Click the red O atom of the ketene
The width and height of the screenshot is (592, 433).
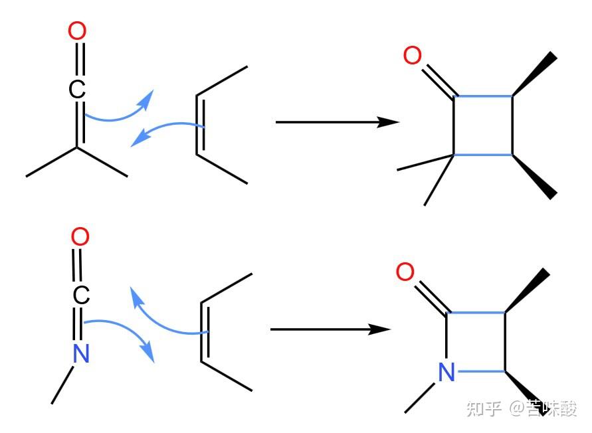click(78, 31)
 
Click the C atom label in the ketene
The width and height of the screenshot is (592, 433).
click(78, 90)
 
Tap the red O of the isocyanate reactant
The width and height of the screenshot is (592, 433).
click(80, 236)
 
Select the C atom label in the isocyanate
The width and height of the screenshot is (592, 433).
click(80, 296)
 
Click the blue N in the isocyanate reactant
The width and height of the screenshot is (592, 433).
click(80, 353)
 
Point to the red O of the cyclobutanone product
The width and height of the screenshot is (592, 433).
click(413, 56)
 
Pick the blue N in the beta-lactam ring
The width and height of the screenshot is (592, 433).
click(447, 373)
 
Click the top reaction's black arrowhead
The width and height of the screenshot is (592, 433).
click(389, 122)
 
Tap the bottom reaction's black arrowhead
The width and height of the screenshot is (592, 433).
click(381, 329)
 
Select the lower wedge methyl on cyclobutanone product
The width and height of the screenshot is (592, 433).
click(536, 177)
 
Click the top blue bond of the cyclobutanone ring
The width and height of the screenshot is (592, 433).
click(483, 97)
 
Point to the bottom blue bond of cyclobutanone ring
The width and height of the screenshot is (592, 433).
click(483, 155)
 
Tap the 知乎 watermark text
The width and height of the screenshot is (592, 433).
click(484, 408)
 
